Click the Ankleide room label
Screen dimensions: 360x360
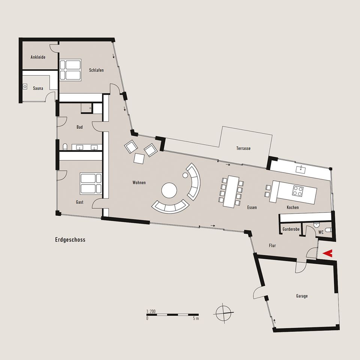point(38,57)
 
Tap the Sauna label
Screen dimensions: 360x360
point(38,88)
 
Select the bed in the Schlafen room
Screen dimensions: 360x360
point(70,70)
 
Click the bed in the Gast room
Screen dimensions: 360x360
point(91,184)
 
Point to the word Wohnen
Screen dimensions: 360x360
point(139,183)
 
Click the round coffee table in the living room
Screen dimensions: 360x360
point(169,190)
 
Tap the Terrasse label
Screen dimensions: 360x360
point(243,148)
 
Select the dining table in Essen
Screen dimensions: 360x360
point(231,192)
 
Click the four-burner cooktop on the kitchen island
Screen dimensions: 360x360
point(297,191)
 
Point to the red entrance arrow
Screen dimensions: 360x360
point(328,253)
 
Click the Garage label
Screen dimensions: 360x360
point(301,296)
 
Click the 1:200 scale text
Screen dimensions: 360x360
point(151,311)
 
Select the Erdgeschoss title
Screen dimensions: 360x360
point(70,240)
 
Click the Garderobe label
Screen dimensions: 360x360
point(291,229)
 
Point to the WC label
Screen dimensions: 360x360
point(321,232)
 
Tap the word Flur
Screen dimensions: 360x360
point(272,246)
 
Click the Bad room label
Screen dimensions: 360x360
point(79,127)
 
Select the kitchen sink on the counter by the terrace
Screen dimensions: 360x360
point(300,169)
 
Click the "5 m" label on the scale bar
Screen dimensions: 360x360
point(196,318)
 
